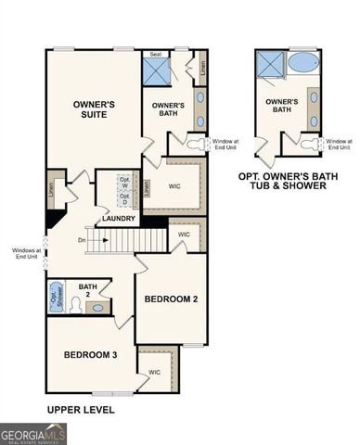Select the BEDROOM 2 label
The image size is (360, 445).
point(170,299)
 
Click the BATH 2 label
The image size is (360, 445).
point(88,292)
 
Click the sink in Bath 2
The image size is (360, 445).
point(100,289)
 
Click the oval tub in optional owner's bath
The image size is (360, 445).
point(303,64)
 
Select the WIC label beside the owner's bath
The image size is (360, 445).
point(174,186)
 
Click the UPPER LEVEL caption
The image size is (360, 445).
point(81,408)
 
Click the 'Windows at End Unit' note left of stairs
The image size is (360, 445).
point(26,253)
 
